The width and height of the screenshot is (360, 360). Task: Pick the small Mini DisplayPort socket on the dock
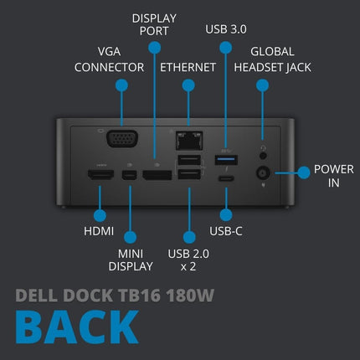click(x=130, y=176)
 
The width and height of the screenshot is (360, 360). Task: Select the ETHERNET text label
click(x=189, y=66)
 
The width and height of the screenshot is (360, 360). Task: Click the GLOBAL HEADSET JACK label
click(x=271, y=58)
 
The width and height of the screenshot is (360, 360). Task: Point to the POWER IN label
click(x=327, y=176)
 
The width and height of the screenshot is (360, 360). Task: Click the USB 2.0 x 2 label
click(x=189, y=259)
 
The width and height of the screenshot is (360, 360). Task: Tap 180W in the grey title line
click(x=193, y=295)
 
